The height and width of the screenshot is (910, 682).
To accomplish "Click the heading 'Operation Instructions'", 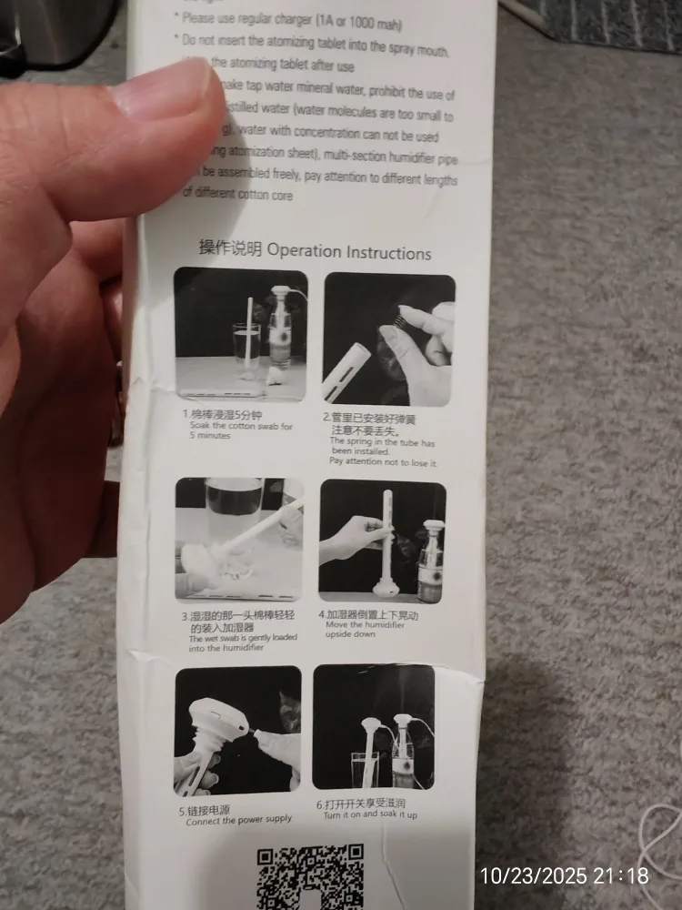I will [x=349, y=251].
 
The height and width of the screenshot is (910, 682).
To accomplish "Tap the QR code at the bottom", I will [x=311, y=876].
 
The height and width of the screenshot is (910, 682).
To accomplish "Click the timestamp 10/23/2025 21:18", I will [x=565, y=876].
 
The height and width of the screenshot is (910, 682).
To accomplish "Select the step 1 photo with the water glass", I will [x=241, y=334].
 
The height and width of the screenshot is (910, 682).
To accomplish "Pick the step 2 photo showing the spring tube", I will [x=388, y=339].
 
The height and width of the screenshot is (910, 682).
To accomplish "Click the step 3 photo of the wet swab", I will [x=239, y=537].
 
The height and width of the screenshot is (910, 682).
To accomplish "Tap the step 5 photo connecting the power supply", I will [x=237, y=731].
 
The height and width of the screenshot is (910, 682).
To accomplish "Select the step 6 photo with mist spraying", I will [x=374, y=727].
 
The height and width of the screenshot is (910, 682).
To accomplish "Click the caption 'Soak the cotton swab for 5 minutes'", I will [x=228, y=430].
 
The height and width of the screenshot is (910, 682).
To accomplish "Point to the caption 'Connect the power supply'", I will [x=239, y=820].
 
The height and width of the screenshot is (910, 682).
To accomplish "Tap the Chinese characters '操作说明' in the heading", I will [x=230, y=248].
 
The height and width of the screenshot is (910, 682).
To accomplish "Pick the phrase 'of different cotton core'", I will [x=238, y=194].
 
